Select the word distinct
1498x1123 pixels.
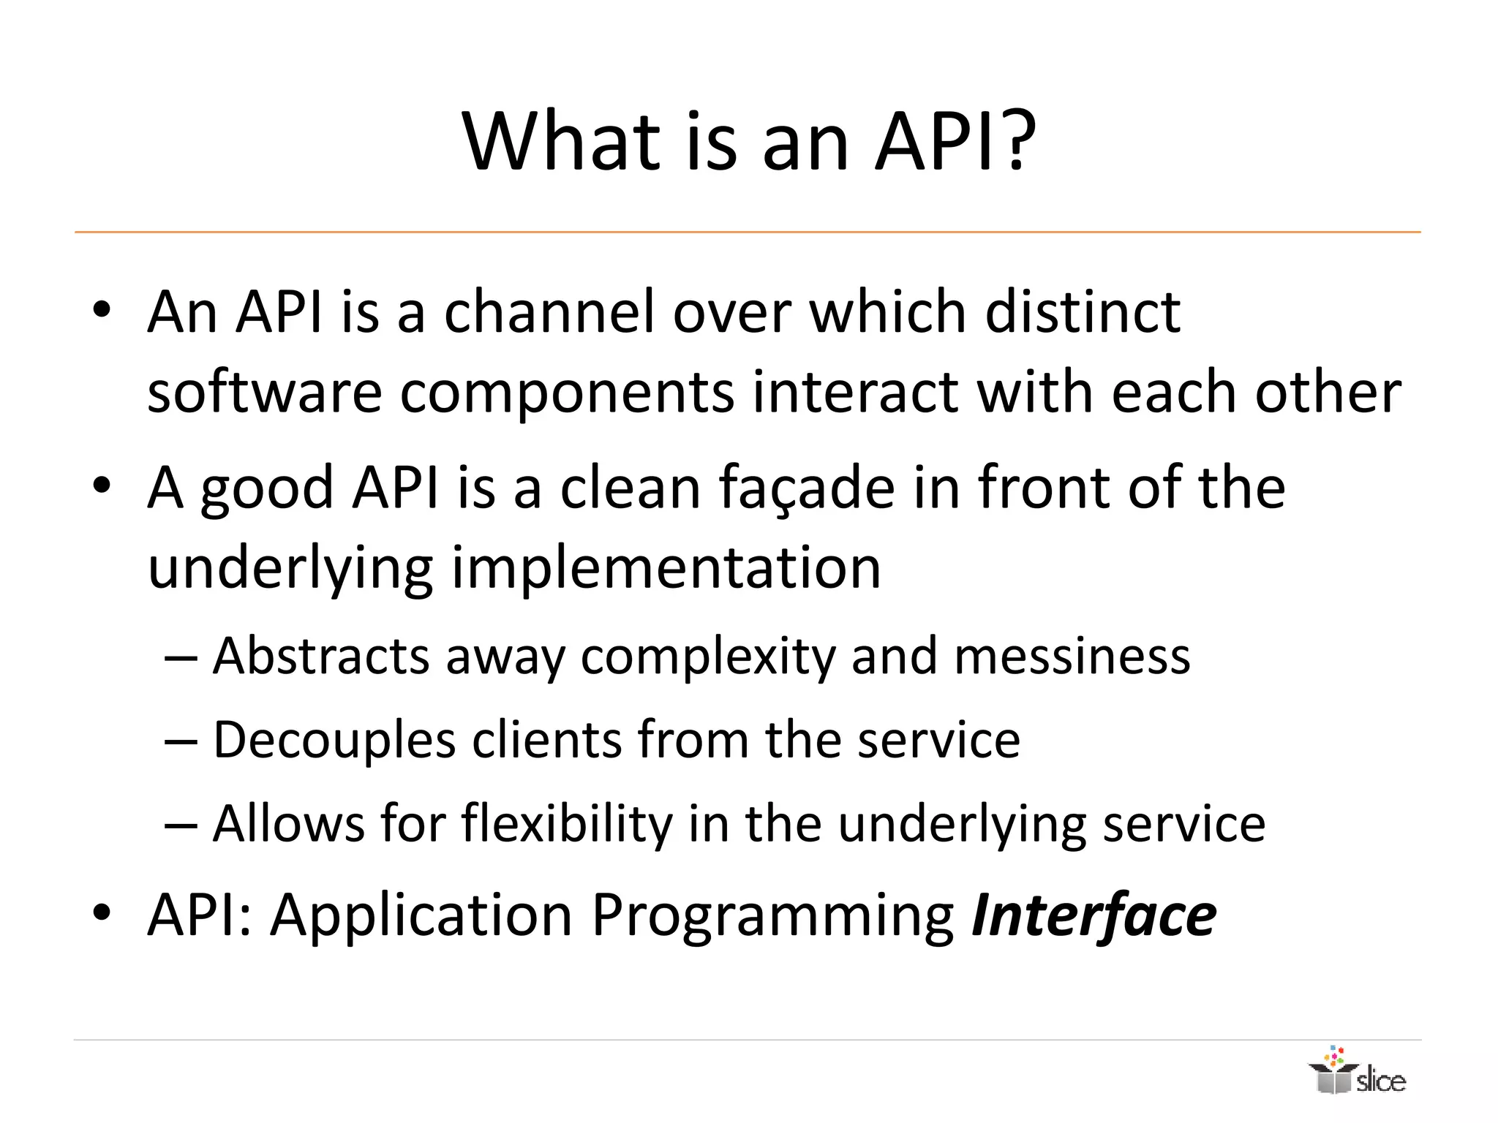point(1083,312)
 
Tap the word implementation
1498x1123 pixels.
point(666,568)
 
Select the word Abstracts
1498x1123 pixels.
point(320,656)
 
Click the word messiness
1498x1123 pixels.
point(1072,656)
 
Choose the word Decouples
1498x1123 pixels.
point(334,741)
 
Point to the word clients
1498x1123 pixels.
point(546,740)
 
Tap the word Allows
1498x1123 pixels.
point(288,824)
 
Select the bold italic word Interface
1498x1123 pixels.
point(1094,915)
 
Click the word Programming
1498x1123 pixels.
point(772,917)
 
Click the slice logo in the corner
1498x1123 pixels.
point(1358,1072)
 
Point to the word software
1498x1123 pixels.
point(265,393)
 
